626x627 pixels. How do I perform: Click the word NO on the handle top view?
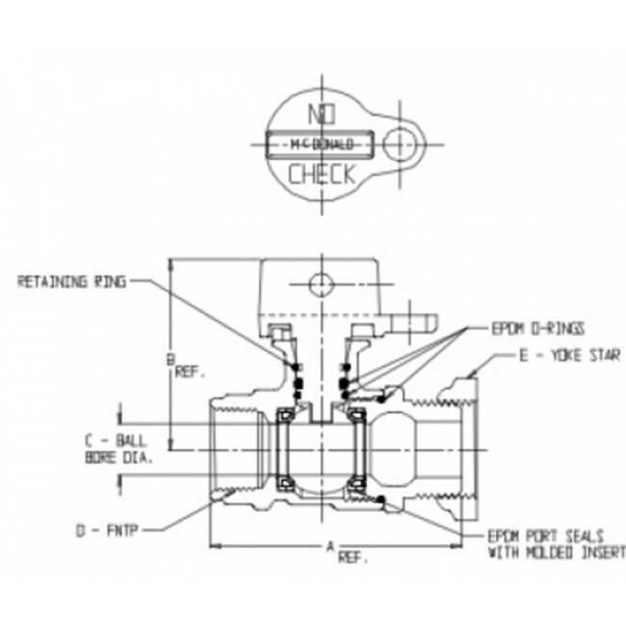tap(322, 115)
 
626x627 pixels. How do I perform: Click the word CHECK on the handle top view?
tap(322, 174)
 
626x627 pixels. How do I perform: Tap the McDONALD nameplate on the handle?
tap(321, 144)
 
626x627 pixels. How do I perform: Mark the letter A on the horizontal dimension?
tap(329, 547)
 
